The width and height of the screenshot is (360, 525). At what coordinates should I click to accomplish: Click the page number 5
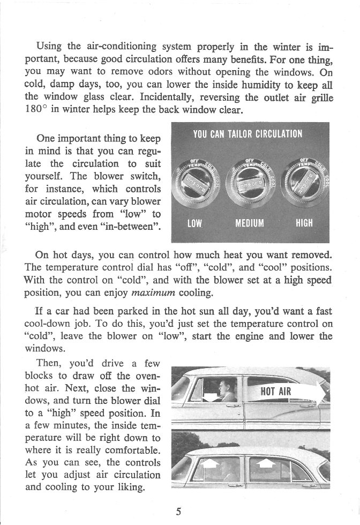[179, 511]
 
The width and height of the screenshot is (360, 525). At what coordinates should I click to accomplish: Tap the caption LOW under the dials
[194, 223]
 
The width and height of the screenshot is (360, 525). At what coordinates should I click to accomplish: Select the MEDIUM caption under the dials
[250, 223]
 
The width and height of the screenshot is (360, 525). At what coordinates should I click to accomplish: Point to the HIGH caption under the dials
[304, 223]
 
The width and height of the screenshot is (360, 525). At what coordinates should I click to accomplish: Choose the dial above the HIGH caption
[305, 179]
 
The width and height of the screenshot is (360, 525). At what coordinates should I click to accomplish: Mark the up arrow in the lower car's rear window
[266, 463]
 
